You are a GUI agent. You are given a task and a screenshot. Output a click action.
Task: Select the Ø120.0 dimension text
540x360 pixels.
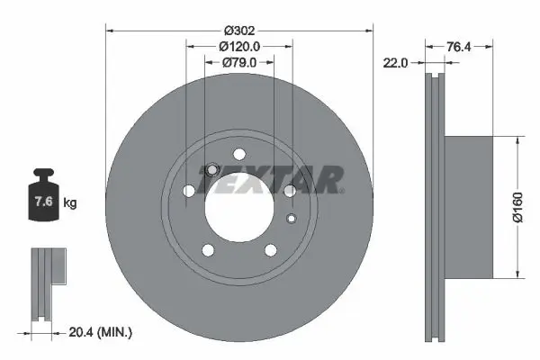click(238, 44)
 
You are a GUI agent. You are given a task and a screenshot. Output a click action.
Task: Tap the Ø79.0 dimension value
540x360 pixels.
click(239, 61)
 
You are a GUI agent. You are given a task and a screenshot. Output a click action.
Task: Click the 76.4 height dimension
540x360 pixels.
click(461, 45)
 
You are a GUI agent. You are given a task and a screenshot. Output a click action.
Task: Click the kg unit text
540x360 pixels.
click(70, 203)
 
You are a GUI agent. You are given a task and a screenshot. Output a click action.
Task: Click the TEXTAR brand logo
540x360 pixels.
click(270, 179)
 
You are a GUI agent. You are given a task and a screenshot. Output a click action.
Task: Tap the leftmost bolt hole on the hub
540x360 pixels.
click(188, 191)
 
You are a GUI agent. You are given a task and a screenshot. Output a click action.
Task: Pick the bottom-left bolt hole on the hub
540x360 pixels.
click(208, 249)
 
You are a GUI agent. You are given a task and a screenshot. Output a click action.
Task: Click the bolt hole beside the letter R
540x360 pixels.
click(290, 191)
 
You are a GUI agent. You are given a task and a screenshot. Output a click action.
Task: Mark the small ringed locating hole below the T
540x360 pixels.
click(211, 170)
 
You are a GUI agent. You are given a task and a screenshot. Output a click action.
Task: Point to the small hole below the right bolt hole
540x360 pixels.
click(291, 218)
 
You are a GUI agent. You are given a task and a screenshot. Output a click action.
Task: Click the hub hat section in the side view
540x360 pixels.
click(468, 207)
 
